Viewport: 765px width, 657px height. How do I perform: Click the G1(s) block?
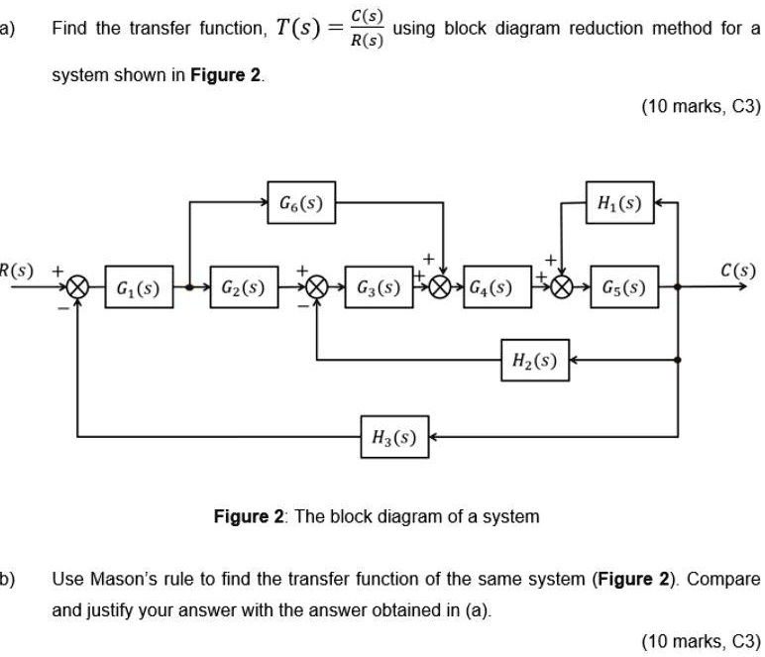tap(139, 286)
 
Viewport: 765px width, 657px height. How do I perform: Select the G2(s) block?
tap(244, 286)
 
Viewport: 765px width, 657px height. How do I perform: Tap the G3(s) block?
tap(380, 286)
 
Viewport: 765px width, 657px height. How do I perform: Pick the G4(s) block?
tap(497, 286)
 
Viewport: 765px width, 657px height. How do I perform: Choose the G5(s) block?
tap(624, 286)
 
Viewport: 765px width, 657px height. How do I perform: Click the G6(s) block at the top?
tap(301, 202)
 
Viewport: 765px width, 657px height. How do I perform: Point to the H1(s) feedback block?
tap(619, 202)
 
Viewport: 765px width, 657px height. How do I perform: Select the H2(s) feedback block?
tap(535, 360)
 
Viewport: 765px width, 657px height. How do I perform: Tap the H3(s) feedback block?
tap(394, 437)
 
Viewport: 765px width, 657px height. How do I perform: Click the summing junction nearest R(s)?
tap(77, 286)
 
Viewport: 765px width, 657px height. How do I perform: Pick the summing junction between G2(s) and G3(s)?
tap(317, 286)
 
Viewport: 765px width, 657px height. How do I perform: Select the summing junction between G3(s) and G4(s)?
tap(440, 286)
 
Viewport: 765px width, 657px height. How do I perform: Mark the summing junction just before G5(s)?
tap(562, 286)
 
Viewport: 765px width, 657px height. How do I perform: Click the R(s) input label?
tap(16, 271)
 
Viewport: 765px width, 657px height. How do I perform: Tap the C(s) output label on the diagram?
tap(737, 271)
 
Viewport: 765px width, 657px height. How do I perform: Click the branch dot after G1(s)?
tap(190, 287)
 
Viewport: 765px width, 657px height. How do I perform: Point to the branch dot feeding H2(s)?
tap(678, 360)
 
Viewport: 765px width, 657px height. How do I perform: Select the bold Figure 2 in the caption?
tap(249, 516)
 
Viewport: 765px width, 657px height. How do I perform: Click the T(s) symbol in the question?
tap(298, 28)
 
